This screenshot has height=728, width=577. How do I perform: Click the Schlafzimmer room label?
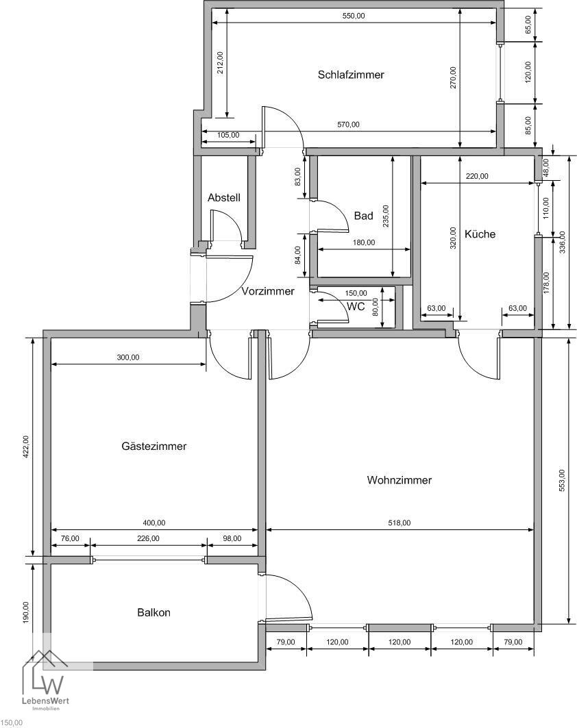[351, 75]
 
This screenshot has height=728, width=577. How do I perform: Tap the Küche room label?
[480, 234]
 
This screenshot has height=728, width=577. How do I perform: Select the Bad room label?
[363, 216]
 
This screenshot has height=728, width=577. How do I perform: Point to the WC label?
[356, 306]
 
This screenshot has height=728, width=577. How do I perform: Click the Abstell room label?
[224, 198]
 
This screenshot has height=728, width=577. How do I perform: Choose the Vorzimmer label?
[268, 291]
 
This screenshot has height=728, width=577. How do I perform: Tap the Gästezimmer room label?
[154, 446]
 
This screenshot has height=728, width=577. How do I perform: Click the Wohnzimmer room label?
[399, 480]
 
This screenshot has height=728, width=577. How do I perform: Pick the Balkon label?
[154, 612]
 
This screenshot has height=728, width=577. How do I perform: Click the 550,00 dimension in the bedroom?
[354, 16]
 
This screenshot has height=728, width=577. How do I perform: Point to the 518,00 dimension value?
[400, 523]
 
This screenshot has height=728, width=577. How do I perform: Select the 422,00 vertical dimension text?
[25, 448]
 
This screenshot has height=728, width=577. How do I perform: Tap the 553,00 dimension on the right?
[562, 481]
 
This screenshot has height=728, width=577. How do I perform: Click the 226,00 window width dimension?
[148, 538]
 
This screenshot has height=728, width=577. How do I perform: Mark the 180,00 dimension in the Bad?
[364, 242]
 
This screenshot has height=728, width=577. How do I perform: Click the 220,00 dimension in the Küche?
[477, 176]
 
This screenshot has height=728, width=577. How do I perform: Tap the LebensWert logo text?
[45, 701]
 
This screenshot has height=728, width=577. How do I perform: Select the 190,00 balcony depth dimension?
[25, 612]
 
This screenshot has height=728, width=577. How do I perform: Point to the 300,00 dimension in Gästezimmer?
[127, 357]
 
